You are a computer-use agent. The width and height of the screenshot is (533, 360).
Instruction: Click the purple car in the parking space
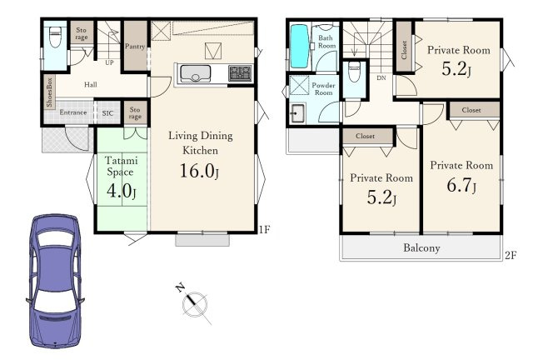56,281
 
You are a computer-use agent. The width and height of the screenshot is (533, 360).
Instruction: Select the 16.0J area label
200,171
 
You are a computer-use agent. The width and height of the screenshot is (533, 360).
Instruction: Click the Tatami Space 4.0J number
122,191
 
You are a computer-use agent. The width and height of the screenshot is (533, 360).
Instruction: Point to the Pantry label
135,46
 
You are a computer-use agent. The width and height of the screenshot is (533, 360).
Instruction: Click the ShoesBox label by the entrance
49,92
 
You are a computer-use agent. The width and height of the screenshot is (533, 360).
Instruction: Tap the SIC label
107,113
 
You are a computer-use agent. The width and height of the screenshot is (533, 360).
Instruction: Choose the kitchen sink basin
195,73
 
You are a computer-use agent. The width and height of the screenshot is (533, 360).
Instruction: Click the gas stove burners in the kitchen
241,73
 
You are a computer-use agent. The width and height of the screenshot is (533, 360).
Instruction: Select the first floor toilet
55,37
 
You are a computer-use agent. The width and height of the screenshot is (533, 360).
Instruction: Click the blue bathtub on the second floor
300,47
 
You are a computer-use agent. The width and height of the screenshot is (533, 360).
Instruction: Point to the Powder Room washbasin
297,113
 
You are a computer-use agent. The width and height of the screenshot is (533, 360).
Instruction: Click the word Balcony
421,247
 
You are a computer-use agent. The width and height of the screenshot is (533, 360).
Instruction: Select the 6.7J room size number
461,186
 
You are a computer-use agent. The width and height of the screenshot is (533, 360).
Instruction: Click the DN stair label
381,78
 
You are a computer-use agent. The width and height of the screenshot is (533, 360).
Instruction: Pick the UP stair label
109,62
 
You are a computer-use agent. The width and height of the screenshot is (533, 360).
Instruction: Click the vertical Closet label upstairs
404,50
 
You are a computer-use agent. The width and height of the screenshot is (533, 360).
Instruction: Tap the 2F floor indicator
511,255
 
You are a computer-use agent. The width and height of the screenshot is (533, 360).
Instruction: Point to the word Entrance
73,112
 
